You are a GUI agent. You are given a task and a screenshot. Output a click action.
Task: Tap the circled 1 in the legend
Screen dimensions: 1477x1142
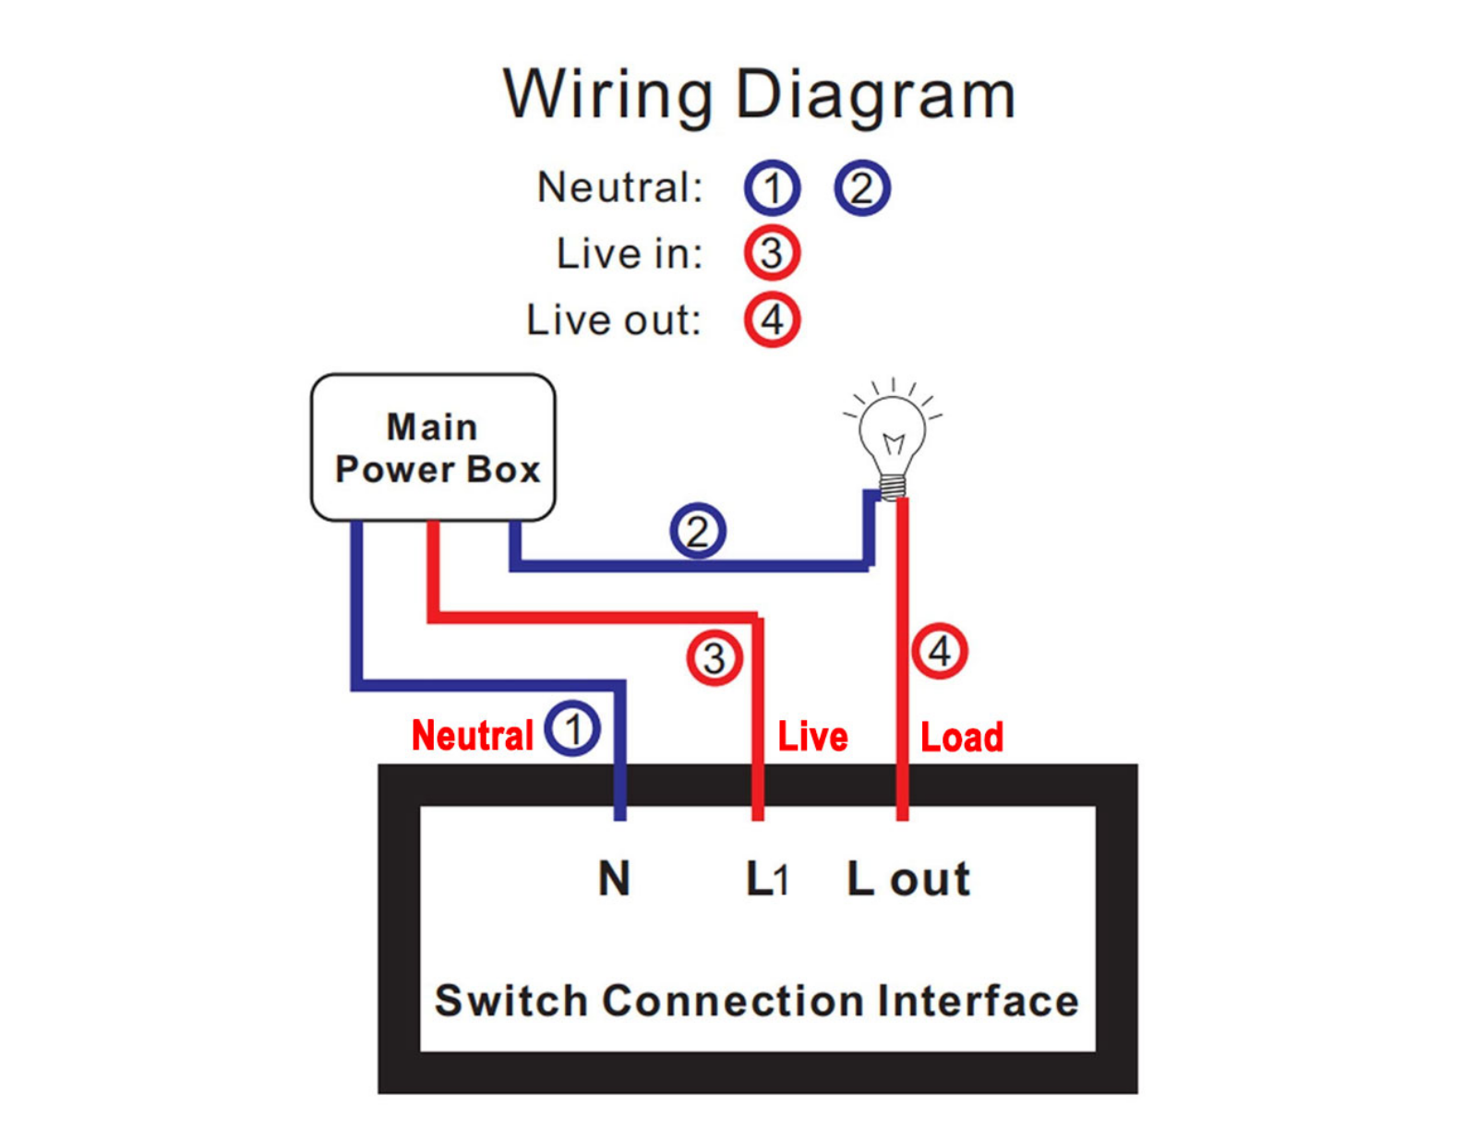coord(772,187)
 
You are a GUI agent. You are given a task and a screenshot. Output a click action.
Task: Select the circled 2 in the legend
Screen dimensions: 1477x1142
coord(862,187)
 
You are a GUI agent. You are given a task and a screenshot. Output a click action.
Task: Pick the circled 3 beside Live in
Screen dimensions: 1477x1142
coord(772,253)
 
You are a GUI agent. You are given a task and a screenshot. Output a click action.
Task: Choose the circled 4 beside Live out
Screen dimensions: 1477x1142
coord(772,319)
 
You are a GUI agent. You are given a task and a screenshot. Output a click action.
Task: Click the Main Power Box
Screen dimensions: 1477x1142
coord(433,447)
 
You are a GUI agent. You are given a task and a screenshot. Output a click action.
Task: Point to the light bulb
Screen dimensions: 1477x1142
coord(893,439)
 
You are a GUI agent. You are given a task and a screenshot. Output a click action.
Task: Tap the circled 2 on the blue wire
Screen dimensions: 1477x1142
coord(697,531)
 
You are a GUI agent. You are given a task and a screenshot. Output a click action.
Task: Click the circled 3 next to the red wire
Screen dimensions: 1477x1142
coord(714,657)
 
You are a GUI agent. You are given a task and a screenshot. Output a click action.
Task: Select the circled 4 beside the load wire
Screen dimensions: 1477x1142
coord(940,651)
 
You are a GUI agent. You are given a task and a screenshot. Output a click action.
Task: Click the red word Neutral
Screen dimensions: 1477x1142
coord(473,736)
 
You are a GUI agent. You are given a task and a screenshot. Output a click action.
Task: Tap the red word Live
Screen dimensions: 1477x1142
coord(813,736)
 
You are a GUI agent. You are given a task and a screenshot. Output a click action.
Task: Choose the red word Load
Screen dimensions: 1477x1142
coord(961,737)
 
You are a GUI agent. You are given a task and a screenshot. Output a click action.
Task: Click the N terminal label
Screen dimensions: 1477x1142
coord(614,878)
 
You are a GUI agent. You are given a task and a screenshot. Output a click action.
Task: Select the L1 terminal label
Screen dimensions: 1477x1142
coord(767,878)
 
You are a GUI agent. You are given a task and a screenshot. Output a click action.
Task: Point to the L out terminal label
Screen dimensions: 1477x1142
coord(908,878)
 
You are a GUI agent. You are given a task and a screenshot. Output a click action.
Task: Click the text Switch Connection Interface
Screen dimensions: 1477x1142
coord(757,1001)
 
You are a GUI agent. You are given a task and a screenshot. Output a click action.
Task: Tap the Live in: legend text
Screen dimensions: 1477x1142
coord(630,254)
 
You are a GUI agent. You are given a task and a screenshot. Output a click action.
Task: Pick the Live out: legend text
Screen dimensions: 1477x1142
coord(614,319)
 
